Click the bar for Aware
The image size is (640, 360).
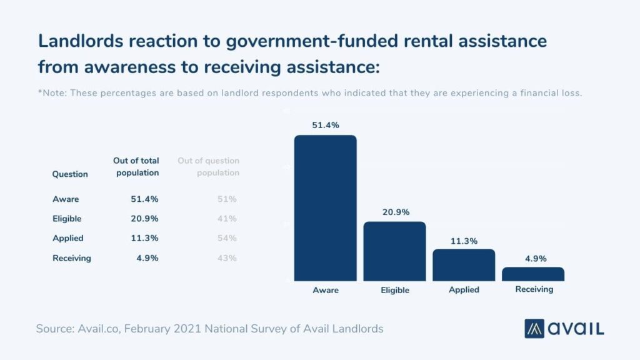point(325,208)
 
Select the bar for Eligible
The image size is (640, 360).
point(394,251)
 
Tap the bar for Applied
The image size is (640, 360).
point(464,265)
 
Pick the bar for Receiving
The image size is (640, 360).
point(533,274)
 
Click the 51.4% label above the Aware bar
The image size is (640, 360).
point(325,125)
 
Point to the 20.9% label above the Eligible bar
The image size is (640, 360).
point(394,212)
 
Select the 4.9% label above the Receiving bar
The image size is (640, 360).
point(533,257)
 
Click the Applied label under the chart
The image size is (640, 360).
point(464,290)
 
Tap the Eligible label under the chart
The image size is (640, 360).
point(394,290)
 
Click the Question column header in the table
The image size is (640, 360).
point(70,174)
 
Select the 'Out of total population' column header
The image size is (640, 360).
point(136,167)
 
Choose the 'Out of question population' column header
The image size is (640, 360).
point(209,167)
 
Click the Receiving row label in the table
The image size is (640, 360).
point(72,258)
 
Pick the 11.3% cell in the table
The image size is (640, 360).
point(146,238)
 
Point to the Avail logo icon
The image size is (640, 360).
point(536,328)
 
